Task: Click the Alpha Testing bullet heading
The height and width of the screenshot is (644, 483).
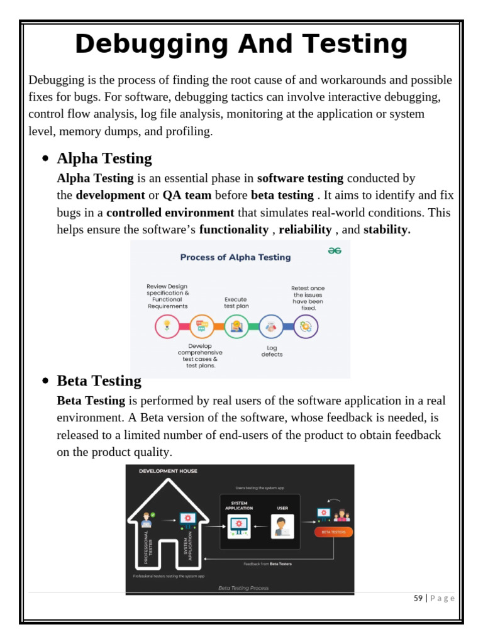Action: (x=104, y=158)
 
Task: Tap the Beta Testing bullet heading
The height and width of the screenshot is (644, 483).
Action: (x=99, y=380)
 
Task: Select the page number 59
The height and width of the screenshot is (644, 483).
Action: (x=418, y=598)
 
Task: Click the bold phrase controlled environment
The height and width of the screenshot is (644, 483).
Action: (x=170, y=213)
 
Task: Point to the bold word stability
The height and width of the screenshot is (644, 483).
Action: (x=387, y=230)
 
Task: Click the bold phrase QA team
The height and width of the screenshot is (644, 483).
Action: (x=187, y=195)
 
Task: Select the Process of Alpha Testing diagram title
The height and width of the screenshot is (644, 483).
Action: (x=235, y=257)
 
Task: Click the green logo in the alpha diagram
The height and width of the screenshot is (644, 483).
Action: (x=335, y=250)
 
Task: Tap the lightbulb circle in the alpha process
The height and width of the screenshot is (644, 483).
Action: (x=167, y=326)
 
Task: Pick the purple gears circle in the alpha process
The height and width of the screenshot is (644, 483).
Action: (x=306, y=326)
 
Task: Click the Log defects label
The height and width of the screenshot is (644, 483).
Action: (x=272, y=351)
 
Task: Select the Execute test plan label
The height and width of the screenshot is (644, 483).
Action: (x=236, y=303)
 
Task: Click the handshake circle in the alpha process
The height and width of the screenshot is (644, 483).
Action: (x=271, y=326)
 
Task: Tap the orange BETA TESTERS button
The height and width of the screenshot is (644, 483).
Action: (x=333, y=532)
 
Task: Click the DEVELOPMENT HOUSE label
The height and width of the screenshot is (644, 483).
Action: (x=168, y=471)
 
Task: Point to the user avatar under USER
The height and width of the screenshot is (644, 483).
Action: (x=282, y=526)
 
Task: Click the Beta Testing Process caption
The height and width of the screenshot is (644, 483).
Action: (x=243, y=588)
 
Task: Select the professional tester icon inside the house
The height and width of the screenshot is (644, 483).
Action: (x=147, y=519)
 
